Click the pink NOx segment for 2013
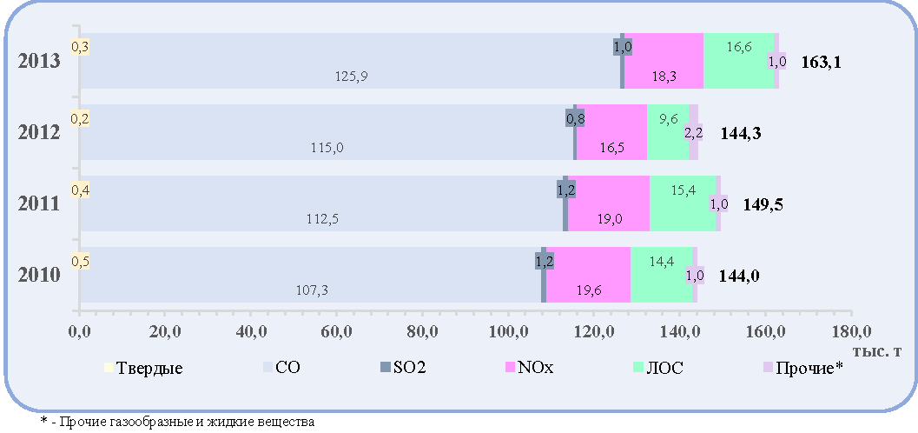tap(664, 61)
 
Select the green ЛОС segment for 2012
tap(667, 132)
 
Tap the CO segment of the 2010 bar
tap(312, 275)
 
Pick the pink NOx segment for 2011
tap(609, 203)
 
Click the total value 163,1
tap(822, 63)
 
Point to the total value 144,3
tap(741, 134)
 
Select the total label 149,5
tap(763, 205)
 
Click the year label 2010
tap(39, 276)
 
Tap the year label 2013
tap(39, 62)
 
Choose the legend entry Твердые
tap(143, 369)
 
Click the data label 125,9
tap(351, 77)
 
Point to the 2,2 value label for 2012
tap(693, 134)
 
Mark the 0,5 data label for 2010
tap(80, 261)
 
